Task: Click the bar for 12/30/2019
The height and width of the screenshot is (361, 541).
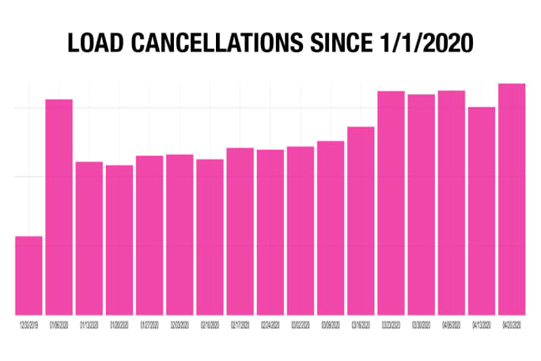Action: pos(28,275)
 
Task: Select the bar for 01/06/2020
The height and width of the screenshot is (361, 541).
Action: pos(59,207)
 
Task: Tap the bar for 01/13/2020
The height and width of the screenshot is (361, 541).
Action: pos(89,237)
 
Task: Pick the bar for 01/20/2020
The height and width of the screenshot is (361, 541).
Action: pos(119,239)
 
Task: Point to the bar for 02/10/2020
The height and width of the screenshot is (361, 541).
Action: pos(210,237)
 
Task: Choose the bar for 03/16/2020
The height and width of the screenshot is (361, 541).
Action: pos(361,220)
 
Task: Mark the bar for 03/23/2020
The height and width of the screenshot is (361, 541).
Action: pos(391,203)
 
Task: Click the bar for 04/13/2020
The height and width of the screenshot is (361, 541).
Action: pos(482,211)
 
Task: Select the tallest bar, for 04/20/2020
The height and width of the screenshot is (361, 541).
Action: pos(512,199)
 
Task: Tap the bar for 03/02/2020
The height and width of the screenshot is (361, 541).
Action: pos(301,230)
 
